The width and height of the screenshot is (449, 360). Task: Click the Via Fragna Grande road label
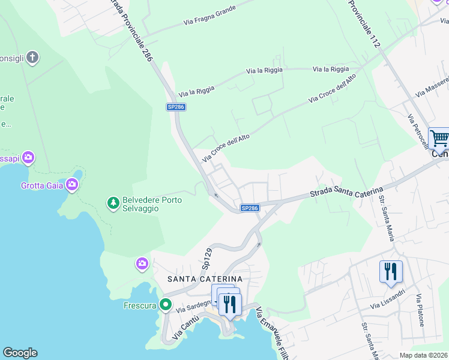click(x=209, y=16)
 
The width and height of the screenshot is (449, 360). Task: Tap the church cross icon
click(x=32, y=58)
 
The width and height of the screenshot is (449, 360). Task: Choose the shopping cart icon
click(x=439, y=139)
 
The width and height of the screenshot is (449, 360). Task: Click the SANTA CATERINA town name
click(x=205, y=279)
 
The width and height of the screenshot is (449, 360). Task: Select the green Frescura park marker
click(x=166, y=305)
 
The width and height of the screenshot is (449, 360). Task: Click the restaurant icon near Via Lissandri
click(x=391, y=271)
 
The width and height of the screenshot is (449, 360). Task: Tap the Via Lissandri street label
click(x=388, y=298)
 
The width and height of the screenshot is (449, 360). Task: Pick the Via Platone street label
click(x=420, y=310)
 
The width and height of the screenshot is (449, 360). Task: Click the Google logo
click(x=20, y=353)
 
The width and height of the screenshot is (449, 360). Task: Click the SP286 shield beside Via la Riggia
click(x=176, y=107)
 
